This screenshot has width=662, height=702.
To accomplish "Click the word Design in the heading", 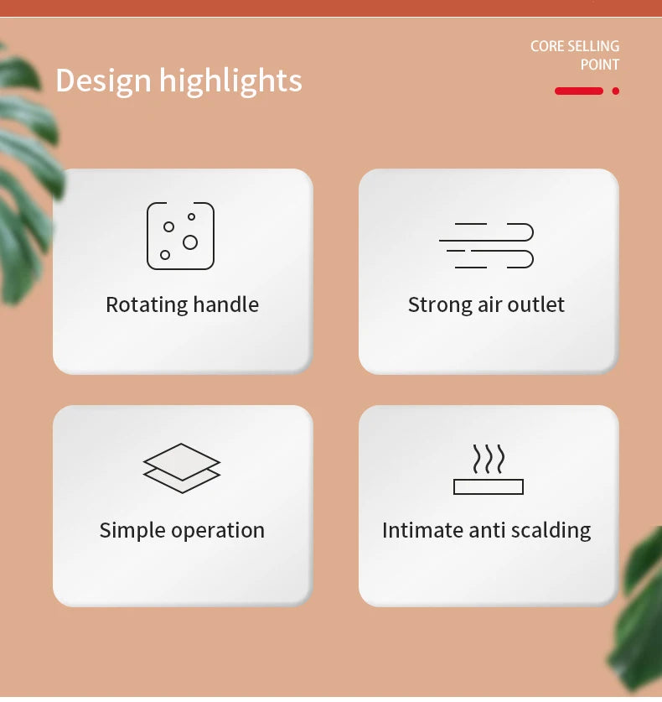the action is click(x=103, y=81).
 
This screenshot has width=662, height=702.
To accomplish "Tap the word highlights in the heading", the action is click(x=230, y=81).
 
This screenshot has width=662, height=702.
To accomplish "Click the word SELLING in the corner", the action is click(x=594, y=46).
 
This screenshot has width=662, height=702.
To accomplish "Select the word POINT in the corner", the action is click(x=600, y=65).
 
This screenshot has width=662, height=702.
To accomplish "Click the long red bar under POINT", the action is click(x=579, y=91).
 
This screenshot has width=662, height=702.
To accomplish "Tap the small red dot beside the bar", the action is click(x=616, y=91).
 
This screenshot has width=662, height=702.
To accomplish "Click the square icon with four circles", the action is click(x=181, y=236).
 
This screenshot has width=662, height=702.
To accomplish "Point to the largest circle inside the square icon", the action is click(x=190, y=242).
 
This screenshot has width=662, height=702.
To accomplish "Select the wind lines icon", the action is click(x=486, y=246).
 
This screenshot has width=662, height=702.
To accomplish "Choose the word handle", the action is click(x=226, y=304).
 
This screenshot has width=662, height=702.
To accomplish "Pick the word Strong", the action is click(x=440, y=306).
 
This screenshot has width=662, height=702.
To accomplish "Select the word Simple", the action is click(x=132, y=531).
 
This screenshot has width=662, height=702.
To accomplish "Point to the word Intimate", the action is click(x=422, y=530).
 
